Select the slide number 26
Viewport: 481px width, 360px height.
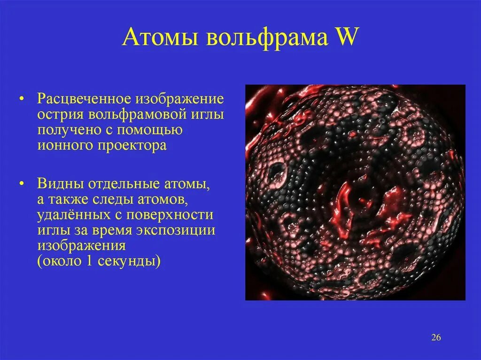tap(435, 338)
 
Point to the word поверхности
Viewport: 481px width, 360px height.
tap(174, 215)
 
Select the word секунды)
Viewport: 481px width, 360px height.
tap(129, 261)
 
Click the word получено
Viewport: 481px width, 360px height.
tap(70, 130)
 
